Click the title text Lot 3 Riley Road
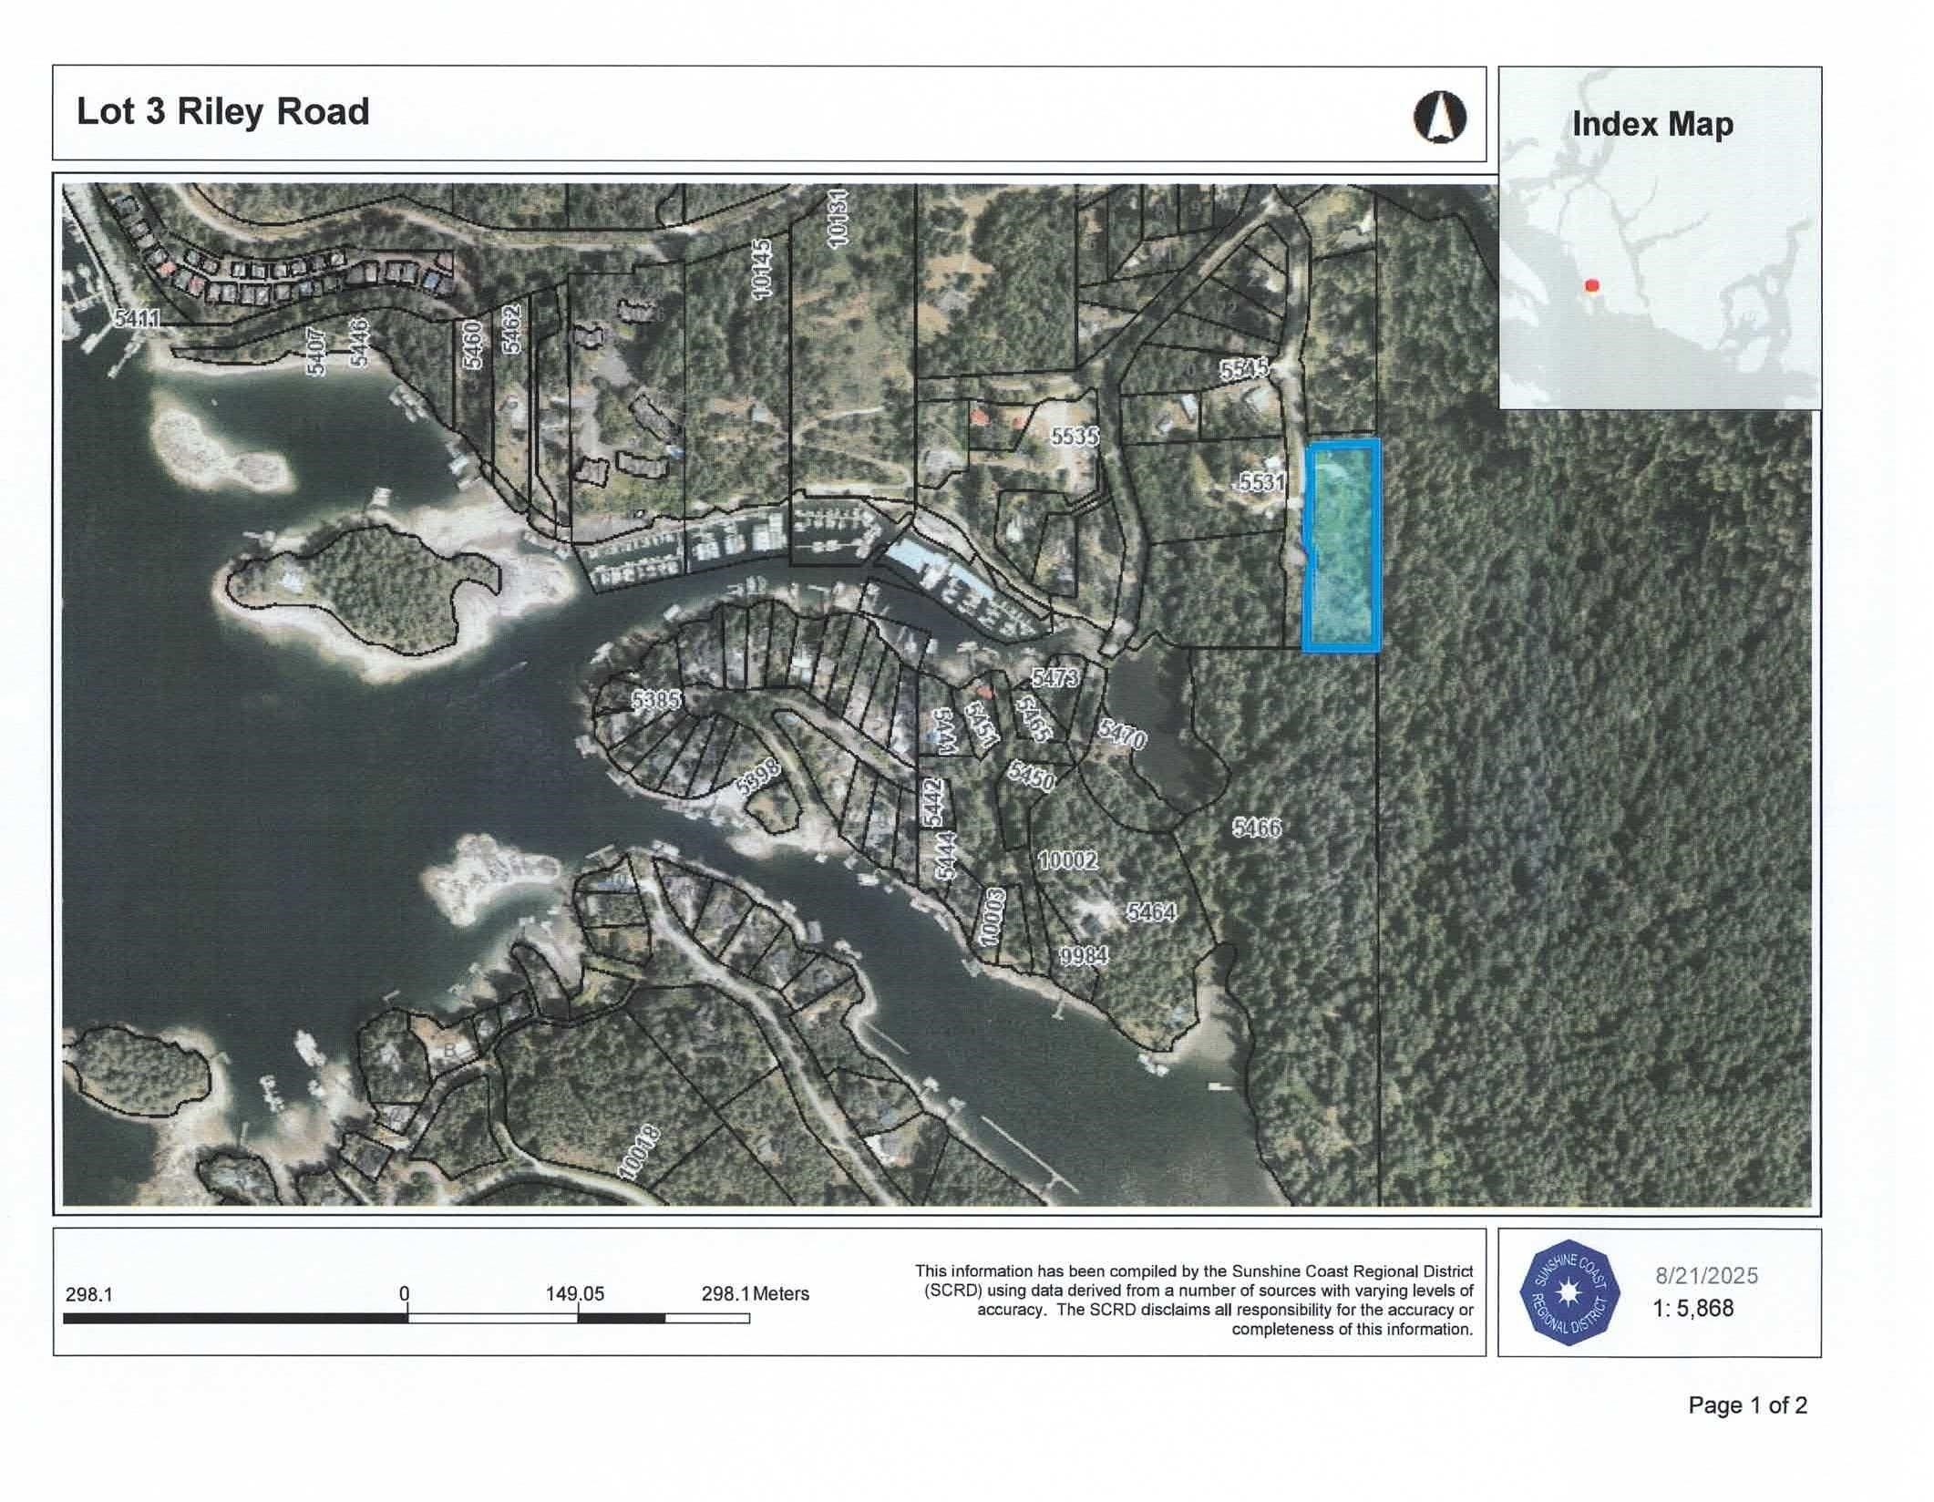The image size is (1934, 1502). click(222, 112)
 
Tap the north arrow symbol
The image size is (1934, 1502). click(1440, 118)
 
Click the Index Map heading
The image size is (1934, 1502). click(1652, 124)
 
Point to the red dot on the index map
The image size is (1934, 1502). click(1592, 285)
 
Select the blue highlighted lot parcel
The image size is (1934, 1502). click(1341, 545)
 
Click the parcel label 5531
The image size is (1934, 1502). click(1261, 482)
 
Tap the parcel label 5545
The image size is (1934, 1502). click(1244, 369)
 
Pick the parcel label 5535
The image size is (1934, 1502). click(1075, 437)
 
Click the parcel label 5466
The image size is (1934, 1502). click(1257, 828)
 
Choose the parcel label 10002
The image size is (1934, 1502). click(1068, 859)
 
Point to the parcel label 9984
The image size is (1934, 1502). click(1084, 955)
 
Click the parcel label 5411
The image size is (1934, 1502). click(138, 318)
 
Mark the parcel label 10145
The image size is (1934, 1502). click(762, 267)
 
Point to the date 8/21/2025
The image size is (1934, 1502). click(1706, 1275)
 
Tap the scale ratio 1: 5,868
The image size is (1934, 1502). click(1692, 1309)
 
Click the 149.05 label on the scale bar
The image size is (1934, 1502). click(575, 1294)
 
